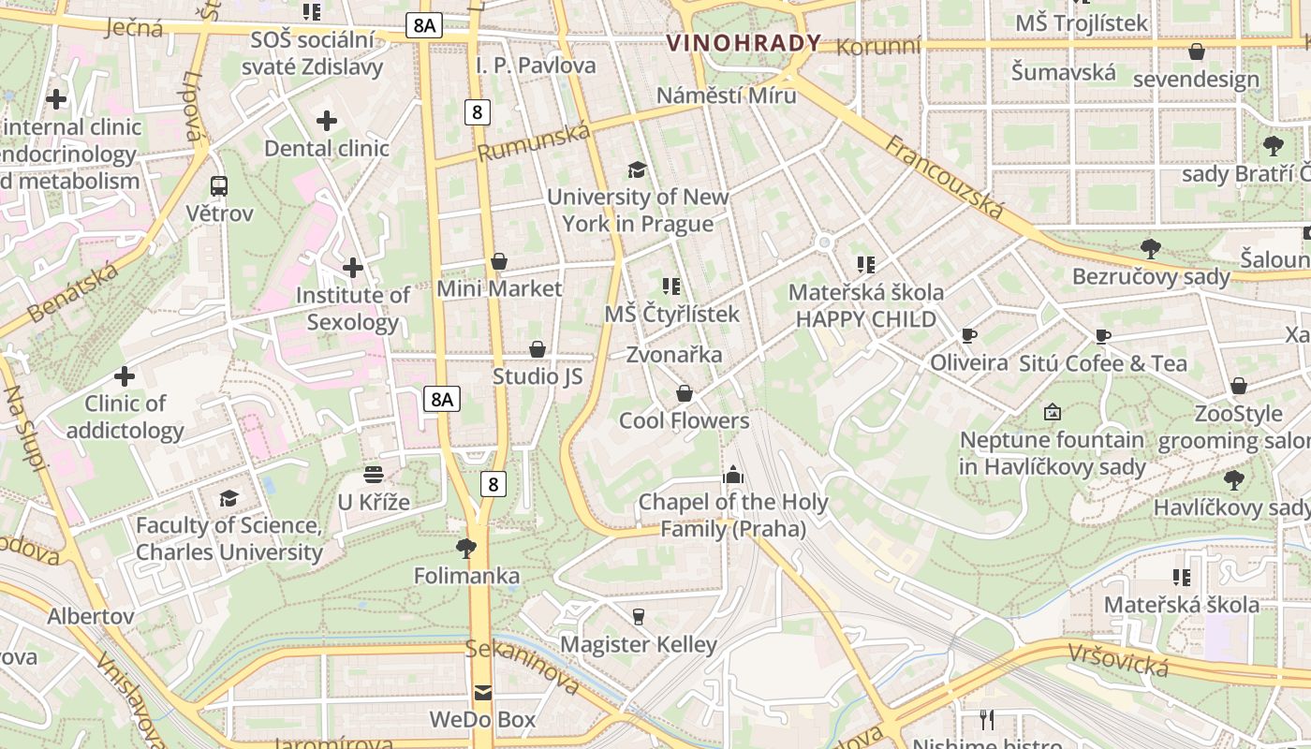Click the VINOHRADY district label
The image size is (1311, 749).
click(x=744, y=43)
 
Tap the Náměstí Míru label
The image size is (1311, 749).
click(x=726, y=95)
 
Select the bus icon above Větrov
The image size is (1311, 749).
click(x=219, y=186)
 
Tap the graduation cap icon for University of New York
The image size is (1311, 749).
click(x=638, y=169)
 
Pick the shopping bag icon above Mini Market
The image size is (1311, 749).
click(x=499, y=261)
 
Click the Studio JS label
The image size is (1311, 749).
click(x=538, y=376)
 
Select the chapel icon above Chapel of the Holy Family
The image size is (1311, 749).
click(x=733, y=475)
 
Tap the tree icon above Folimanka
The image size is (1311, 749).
click(x=465, y=548)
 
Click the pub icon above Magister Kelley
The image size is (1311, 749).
click(x=639, y=616)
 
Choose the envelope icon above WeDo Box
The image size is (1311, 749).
click(x=482, y=693)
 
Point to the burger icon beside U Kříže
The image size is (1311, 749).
click(x=374, y=475)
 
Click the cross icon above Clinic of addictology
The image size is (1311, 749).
click(x=125, y=376)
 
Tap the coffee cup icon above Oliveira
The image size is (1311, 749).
click(x=969, y=335)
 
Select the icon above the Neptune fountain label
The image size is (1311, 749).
click(x=1053, y=412)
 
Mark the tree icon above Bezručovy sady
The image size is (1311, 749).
click(x=1151, y=249)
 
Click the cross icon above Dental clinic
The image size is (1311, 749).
click(x=327, y=121)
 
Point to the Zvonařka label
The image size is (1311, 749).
click(x=674, y=355)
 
